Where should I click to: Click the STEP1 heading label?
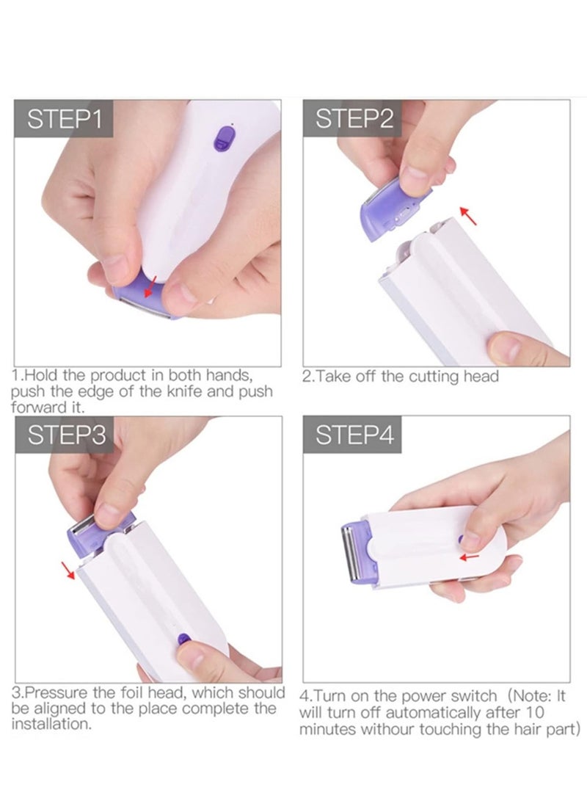65,119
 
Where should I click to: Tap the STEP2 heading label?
354,119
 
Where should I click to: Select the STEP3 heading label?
65,435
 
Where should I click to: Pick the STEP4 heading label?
354,435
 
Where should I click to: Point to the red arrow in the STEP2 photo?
467,214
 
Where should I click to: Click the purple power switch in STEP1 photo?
222,137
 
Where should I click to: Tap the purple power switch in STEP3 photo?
183,642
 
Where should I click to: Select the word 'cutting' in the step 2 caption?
436,377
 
